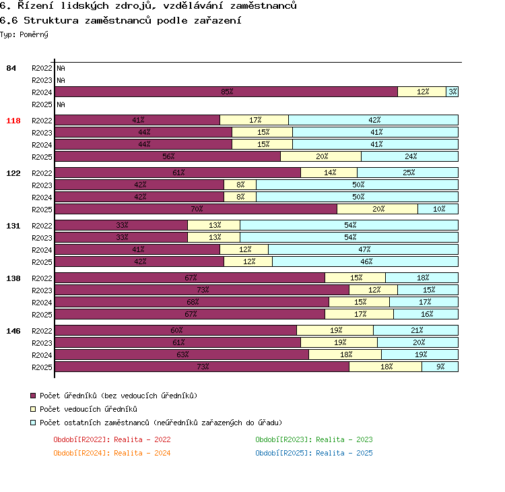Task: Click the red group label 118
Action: click(13, 121)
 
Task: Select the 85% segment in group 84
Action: click(226, 92)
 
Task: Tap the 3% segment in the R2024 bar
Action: click(452, 92)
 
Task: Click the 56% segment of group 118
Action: click(168, 156)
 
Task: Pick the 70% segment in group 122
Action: click(196, 209)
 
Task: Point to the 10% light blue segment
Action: click(438, 209)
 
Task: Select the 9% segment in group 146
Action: click(440, 367)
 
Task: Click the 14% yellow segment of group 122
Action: click(329, 173)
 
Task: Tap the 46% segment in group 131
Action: click(365, 262)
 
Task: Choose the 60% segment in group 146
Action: click(176, 330)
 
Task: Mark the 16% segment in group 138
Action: click(426, 314)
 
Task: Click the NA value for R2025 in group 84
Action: click(61, 104)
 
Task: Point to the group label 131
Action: click(13, 226)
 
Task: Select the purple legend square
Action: click(33, 396)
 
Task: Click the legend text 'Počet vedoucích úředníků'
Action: click(88, 409)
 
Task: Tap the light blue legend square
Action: click(33, 423)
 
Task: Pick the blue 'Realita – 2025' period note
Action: click(344, 453)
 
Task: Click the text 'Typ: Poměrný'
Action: click(24, 34)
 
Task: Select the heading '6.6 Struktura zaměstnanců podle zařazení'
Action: click(121, 20)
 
